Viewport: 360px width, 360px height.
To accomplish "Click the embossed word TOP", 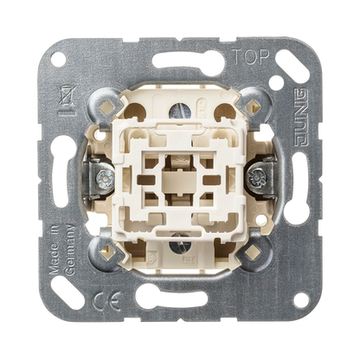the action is [x=251, y=57].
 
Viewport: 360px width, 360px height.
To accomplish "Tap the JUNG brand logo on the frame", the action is [x=301, y=118].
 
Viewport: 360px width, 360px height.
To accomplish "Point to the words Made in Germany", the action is [x=61, y=248].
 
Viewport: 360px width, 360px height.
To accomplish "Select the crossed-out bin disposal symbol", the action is [x=67, y=100].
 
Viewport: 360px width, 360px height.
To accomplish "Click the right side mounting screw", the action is [x=255, y=177].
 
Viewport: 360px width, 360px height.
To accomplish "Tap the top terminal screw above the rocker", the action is [x=180, y=110].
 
